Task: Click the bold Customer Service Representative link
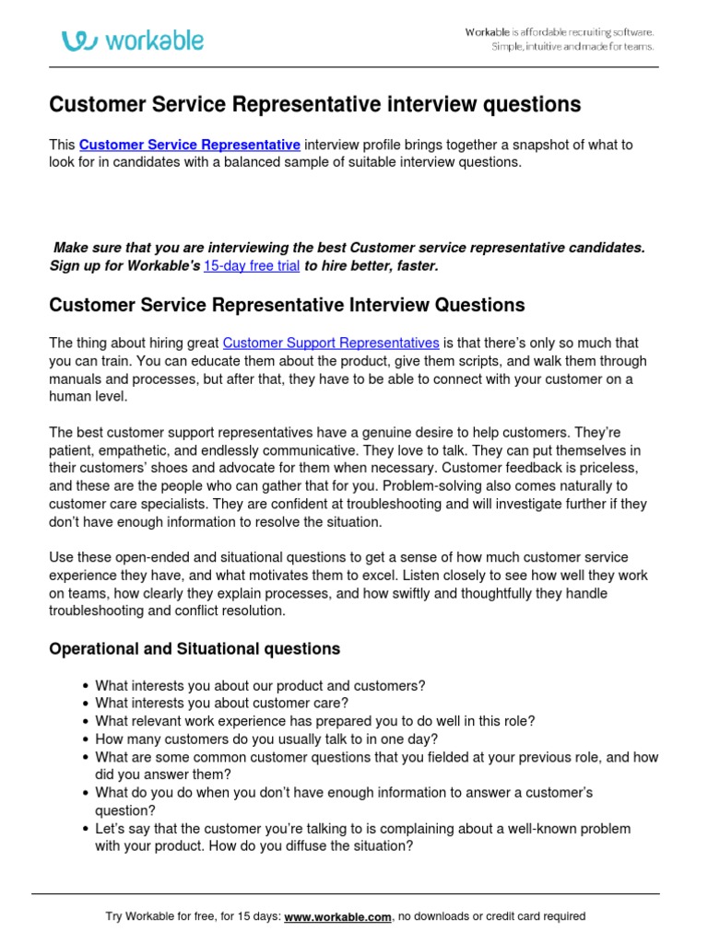[x=190, y=145]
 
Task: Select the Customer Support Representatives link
[x=331, y=343]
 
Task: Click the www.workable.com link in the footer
[x=338, y=916]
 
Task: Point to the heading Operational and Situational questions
[x=195, y=649]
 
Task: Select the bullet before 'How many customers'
[x=86, y=739]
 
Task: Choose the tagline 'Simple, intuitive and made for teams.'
[x=572, y=47]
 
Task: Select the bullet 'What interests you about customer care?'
[x=221, y=703]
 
